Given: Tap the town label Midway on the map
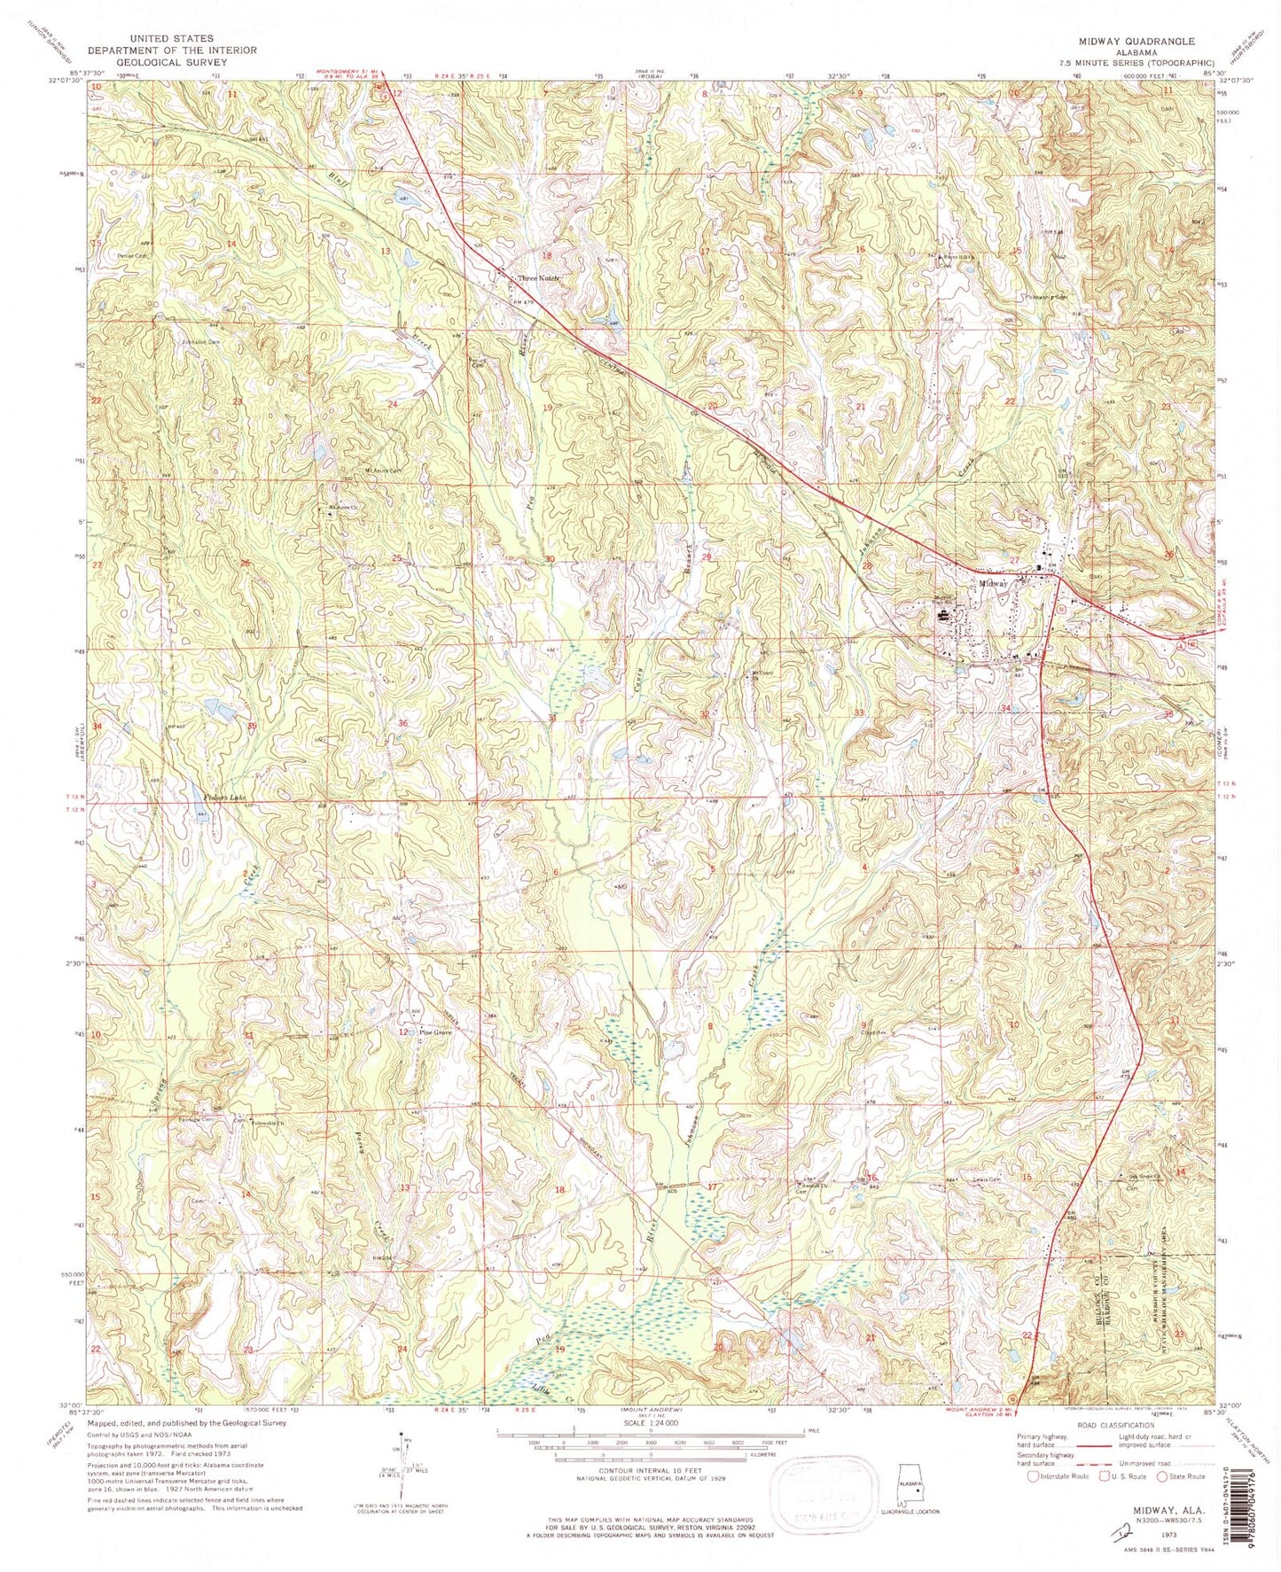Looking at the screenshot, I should pyautogui.click(x=992, y=584).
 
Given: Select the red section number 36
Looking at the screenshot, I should pyautogui.click(x=403, y=724).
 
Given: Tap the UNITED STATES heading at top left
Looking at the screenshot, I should pyautogui.click(x=172, y=39).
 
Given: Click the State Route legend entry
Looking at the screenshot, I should pyautogui.click(x=1185, y=1476).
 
